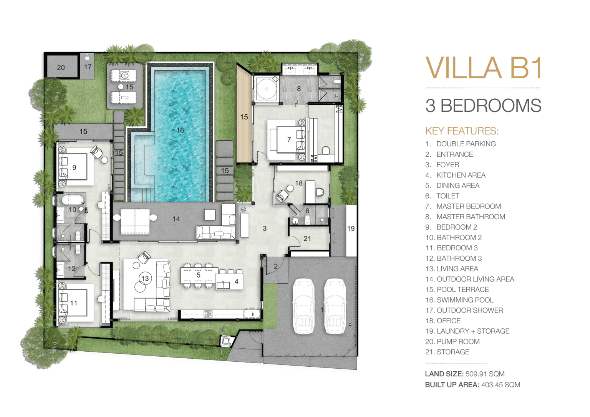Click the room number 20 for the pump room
tap(61, 68)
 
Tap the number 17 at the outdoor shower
tap(88, 67)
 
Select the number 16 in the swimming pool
tap(180, 130)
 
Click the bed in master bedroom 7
tap(287, 139)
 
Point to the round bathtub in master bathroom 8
tap(267, 89)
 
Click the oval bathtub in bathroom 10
tap(73, 200)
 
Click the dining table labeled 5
tap(199, 275)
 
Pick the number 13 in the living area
tap(145, 278)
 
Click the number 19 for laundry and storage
tap(351, 228)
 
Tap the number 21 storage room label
tap(307, 238)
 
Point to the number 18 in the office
tap(299, 183)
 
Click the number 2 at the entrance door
tap(275, 266)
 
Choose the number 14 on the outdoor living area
tap(176, 219)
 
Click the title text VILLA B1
tap(483, 68)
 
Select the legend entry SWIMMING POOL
tap(465, 300)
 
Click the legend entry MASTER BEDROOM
tap(469, 206)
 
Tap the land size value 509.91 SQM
tap(485, 374)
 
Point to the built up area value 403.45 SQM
tap(501, 385)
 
